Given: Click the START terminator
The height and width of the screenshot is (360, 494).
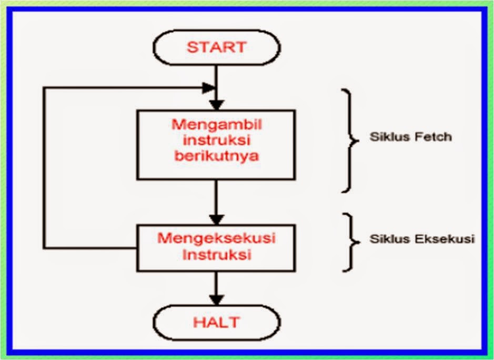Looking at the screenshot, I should coord(216,47).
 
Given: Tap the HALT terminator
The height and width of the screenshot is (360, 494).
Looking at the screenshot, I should coord(216,322).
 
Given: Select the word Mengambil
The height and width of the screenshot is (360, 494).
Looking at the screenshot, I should coord(217,125).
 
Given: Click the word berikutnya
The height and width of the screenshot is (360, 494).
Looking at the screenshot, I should coord(216,156).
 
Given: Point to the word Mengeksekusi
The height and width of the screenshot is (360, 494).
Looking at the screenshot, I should coord(217,238).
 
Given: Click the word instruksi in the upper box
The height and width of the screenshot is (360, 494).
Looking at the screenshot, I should coord(216,141).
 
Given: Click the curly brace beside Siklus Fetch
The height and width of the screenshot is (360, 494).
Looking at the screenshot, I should coord(349,139).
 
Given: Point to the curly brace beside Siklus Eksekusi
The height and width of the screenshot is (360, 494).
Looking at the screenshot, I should coord(349,242).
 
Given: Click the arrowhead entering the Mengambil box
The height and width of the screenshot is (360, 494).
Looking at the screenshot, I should coord(216,104).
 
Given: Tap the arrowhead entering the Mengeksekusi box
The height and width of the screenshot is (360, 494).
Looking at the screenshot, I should coord(216,219).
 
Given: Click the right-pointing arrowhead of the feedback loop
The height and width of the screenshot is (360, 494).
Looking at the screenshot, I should coord(209,87).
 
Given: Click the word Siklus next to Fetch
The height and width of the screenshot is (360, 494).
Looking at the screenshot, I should coord(386,137).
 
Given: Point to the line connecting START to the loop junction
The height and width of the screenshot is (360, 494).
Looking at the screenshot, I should coord(216,76).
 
